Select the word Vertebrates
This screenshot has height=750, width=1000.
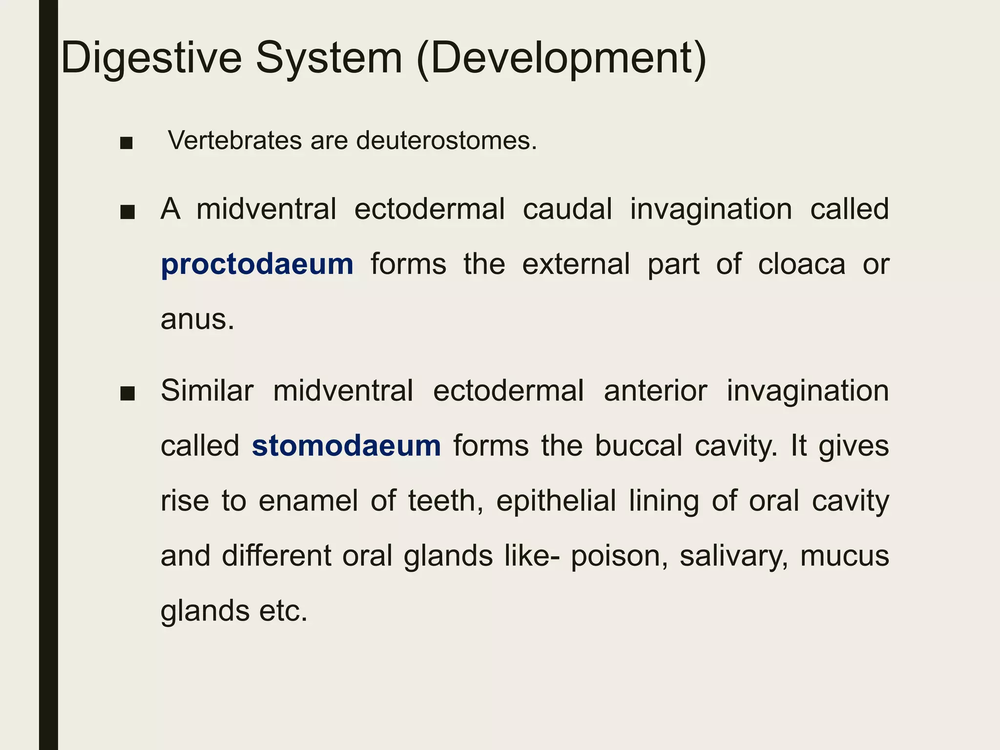click(x=235, y=141)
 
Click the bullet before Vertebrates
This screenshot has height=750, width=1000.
click(x=126, y=143)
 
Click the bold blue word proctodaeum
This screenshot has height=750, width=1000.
click(x=257, y=264)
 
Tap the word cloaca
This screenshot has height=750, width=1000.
click(x=801, y=264)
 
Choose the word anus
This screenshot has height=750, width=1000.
click(x=197, y=319)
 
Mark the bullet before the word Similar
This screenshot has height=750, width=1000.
click(x=127, y=394)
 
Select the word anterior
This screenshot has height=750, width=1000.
click(x=655, y=391)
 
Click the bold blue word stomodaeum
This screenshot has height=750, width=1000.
click(x=346, y=446)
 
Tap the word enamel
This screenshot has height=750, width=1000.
click(x=309, y=501)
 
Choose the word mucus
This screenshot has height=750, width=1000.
click(x=844, y=556)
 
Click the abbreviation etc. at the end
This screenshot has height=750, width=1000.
click(x=283, y=611)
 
